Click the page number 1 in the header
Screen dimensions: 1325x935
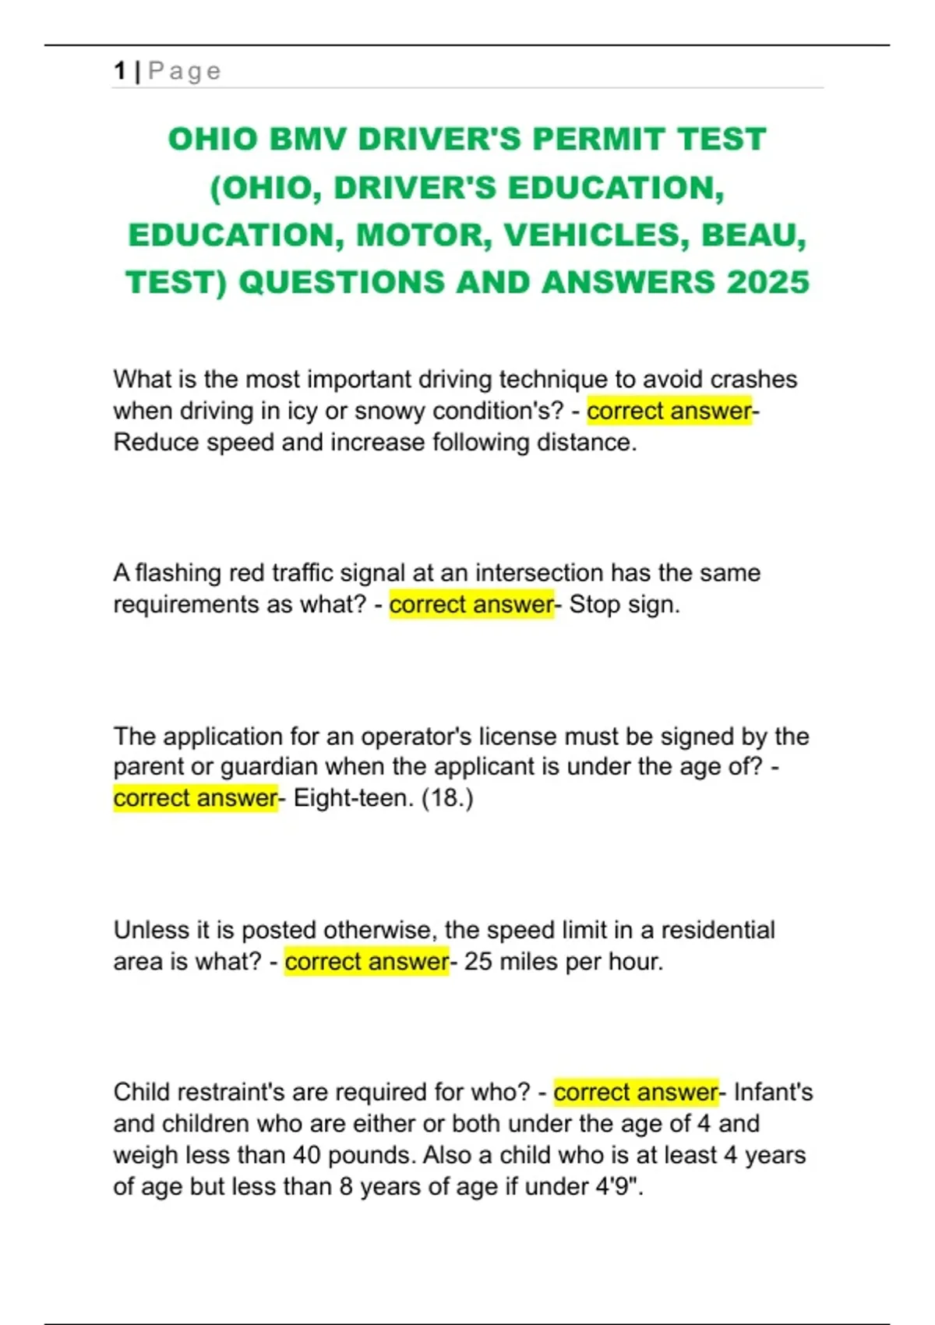(119, 71)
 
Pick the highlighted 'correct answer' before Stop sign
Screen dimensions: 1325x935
(471, 604)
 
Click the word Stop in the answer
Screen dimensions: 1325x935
(593, 604)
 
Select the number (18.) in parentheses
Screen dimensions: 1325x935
(446, 798)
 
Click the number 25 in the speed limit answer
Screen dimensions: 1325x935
(478, 962)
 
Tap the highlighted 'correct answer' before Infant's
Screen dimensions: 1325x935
(635, 1092)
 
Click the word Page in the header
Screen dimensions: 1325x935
(185, 71)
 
